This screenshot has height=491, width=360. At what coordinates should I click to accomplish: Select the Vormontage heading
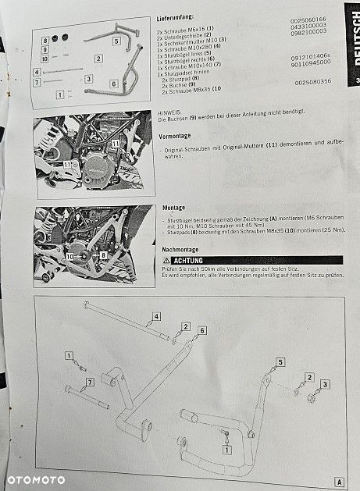176,136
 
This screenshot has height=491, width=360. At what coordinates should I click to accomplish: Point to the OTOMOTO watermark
37,479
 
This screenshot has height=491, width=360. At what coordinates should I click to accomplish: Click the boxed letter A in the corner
340,481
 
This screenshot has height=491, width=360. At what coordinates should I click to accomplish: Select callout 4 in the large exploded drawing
155,316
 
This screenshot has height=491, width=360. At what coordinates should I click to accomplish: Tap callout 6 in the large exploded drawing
202,331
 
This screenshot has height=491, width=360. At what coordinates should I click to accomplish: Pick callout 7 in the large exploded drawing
89,382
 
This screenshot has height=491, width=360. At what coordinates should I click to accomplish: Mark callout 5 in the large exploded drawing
280,362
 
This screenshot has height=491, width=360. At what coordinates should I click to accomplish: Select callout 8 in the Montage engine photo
102,255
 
